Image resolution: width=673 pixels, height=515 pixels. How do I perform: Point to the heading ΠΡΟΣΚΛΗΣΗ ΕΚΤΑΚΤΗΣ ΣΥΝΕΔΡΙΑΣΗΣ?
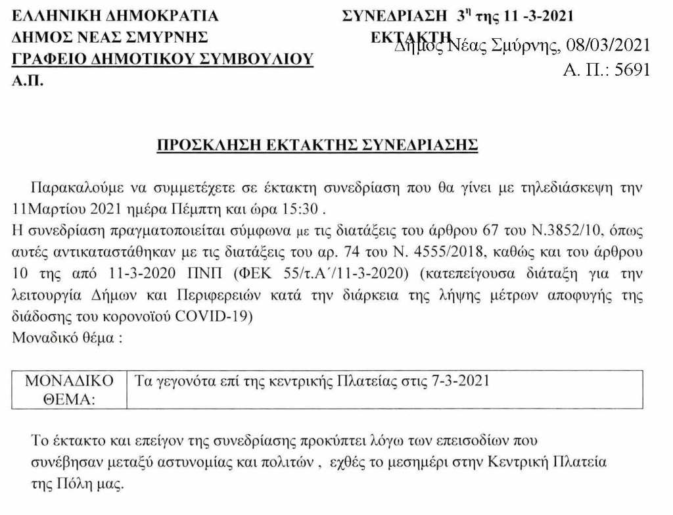coord(317,145)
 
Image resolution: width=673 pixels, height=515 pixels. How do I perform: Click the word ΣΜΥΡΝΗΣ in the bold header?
coord(172,37)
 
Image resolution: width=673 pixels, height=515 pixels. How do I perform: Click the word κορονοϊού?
coord(139,316)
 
